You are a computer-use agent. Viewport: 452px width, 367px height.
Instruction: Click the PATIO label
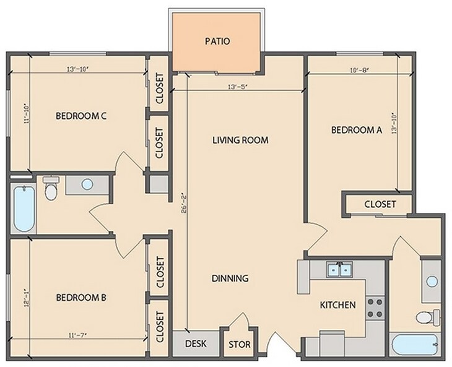pos(217,41)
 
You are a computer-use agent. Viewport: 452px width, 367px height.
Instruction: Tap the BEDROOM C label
pos(81,116)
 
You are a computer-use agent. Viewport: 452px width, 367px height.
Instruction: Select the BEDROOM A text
pos(356,130)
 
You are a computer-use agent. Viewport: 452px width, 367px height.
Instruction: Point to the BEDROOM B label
pos(81,297)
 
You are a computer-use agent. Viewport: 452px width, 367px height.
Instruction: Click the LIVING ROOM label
pos(240,140)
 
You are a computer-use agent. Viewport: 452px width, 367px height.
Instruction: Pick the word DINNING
pos(230,278)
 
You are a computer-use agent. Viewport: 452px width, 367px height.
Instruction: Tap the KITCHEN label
pos(338,304)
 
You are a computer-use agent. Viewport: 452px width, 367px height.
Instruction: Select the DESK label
pos(196,343)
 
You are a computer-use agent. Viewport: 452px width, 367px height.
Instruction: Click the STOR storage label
pos(240,345)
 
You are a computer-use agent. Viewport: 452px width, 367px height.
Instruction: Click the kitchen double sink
pos(340,270)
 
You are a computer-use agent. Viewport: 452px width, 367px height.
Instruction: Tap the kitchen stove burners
pos(375,308)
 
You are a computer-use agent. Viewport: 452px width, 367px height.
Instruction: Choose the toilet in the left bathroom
pos(51,188)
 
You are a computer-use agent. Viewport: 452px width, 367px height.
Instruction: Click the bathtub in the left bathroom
pos(24,209)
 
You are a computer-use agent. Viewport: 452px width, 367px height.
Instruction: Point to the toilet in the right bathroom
pos(428,317)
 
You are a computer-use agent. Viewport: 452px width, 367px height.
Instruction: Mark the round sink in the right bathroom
pos(432,281)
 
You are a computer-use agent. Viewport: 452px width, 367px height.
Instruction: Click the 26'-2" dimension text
pos(185,204)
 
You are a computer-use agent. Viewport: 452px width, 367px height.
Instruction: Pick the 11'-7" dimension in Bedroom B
pos(77,335)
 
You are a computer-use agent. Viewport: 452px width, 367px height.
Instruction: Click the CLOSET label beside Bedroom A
pos(380,204)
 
